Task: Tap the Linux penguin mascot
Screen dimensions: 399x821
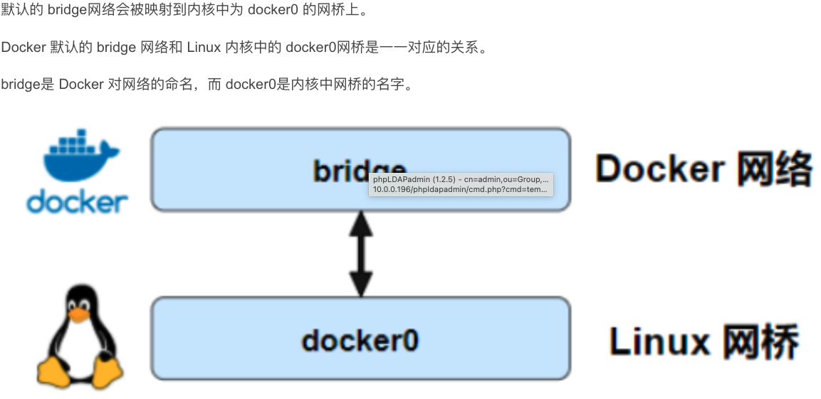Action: click(79, 338)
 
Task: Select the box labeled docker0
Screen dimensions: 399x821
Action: click(360, 338)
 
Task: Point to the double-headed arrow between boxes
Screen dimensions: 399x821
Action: click(361, 254)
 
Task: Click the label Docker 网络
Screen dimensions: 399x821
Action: click(704, 169)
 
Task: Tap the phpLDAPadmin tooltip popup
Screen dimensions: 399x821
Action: click(461, 184)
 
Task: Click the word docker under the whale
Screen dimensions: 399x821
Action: click(78, 202)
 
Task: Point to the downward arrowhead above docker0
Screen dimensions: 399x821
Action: click(361, 284)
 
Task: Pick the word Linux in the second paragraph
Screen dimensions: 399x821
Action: click(202, 48)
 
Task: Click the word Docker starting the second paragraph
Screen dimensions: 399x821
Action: click(23, 48)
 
